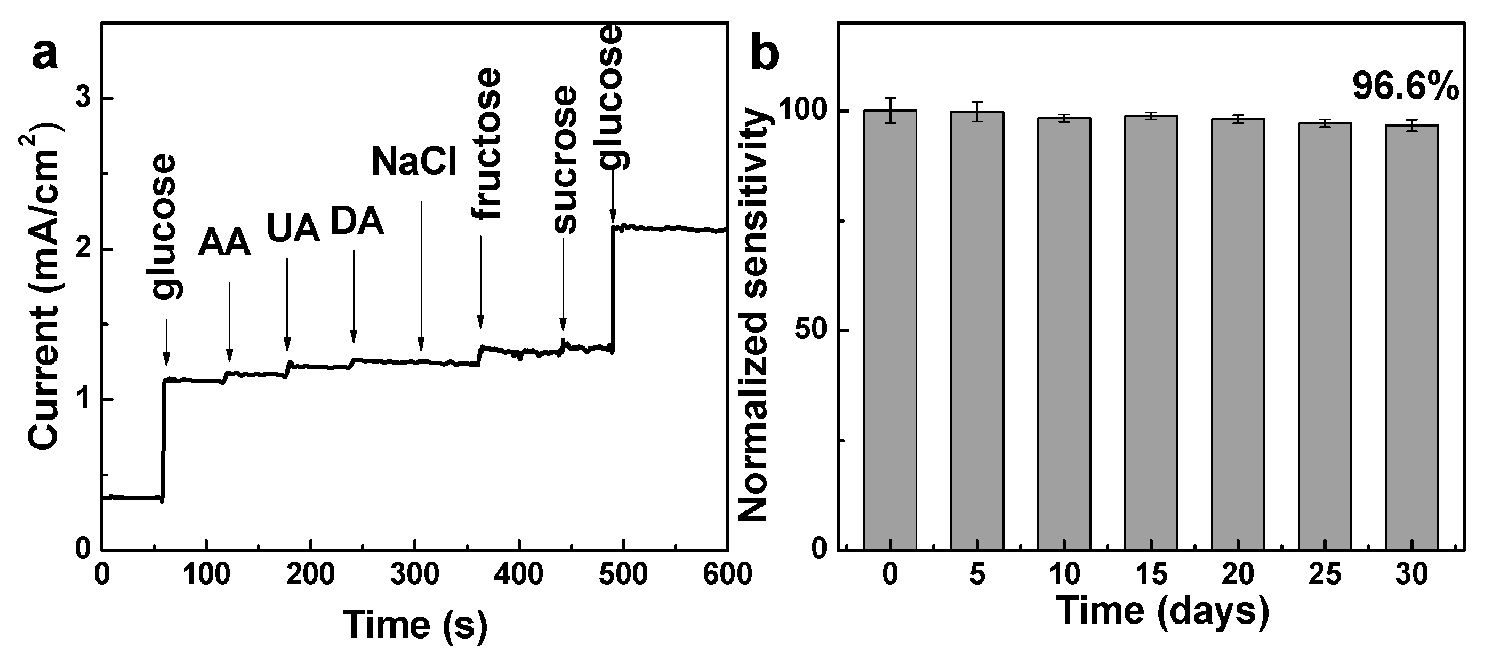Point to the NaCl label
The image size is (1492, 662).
pyautogui.click(x=414, y=161)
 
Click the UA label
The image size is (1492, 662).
pyautogui.click(x=293, y=228)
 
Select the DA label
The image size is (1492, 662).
pyautogui.click(x=357, y=222)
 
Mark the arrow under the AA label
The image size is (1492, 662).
pyautogui.click(x=229, y=322)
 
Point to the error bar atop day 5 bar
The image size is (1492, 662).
pyautogui.click(x=977, y=111)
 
